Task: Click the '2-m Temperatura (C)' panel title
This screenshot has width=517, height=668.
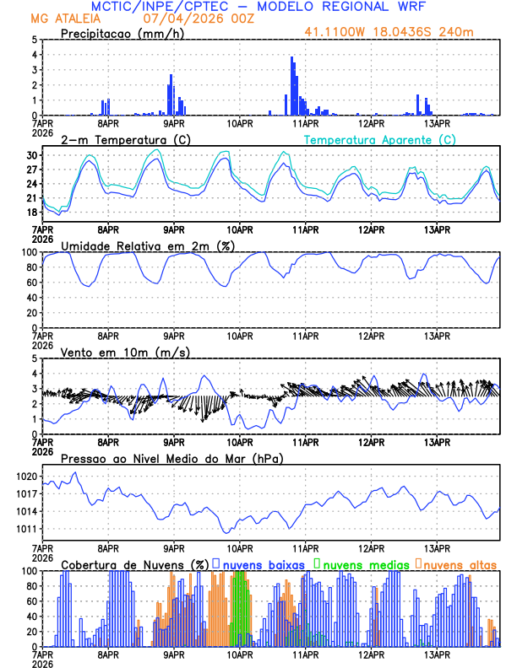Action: point(120,139)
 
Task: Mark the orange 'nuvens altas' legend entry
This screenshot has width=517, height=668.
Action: point(460,564)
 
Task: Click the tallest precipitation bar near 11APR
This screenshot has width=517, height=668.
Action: point(292,84)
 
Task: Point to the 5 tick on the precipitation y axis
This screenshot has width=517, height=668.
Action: point(34,40)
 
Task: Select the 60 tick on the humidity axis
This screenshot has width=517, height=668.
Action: point(32,283)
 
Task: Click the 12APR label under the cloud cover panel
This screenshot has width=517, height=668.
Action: point(371,654)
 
